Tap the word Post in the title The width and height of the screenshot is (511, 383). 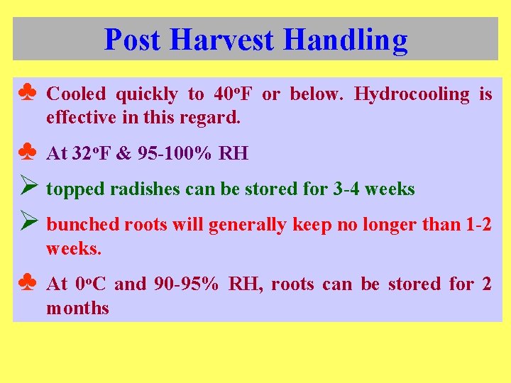pyautogui.click(x=132, y=40)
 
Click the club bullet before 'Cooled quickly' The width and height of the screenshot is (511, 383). pyautogui.click(x=27, y=93)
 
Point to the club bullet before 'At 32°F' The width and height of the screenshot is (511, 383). pyautogui.click(x=27, y=152)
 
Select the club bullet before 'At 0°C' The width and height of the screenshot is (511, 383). pyautogui.click(x=27, y=284)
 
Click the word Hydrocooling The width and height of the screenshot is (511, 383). pyautogui.click(x=412, y=94)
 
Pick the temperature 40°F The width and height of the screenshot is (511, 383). pyautogui.click(x=232, y=94)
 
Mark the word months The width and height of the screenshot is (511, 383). pyautogui.click(x=77, y=309)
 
